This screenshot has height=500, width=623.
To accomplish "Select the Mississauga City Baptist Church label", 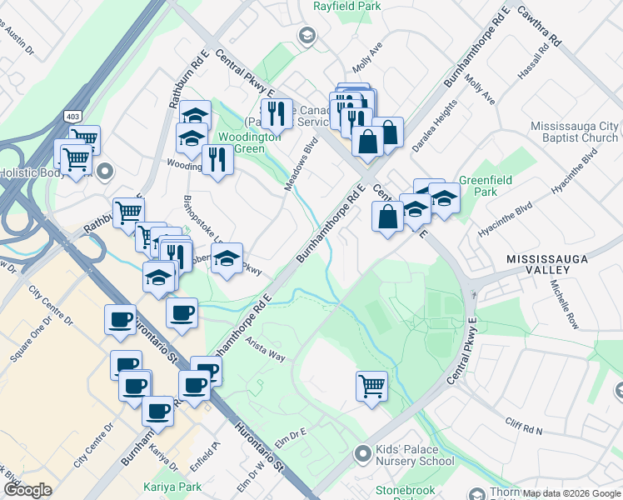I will point(574,132).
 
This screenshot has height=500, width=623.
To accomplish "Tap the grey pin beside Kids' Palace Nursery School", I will point(362,454).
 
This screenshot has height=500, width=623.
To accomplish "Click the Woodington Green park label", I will point(241,142).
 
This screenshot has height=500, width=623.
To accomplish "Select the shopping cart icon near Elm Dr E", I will point(371,386).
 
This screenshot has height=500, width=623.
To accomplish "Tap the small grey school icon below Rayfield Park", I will point(307,34).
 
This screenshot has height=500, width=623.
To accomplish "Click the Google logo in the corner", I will point(27,490).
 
